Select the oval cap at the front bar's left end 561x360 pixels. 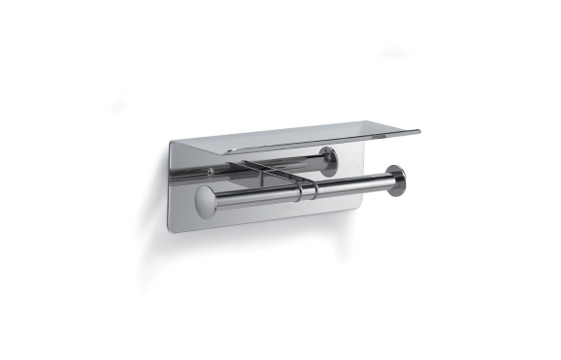[203, 204]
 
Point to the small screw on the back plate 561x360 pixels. [211, 174]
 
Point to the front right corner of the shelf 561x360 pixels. [419, 131]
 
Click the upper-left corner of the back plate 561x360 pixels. [171, 143]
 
